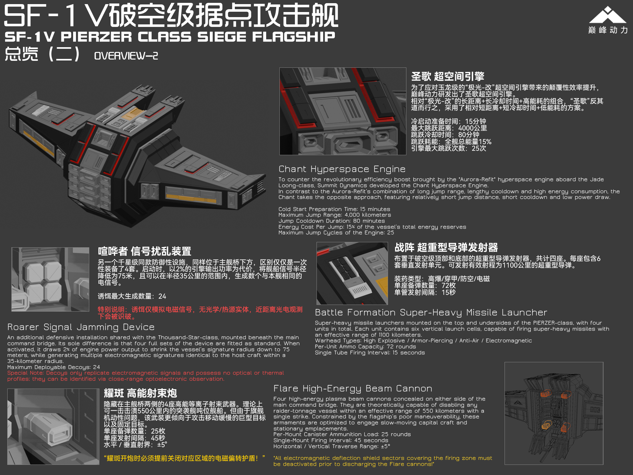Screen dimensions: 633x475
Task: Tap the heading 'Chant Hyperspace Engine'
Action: click(x=342, y=169)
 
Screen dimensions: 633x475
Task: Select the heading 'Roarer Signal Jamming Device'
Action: click(x=81, y=327)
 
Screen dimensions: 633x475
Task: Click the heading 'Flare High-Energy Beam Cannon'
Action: click(x=353, y=389)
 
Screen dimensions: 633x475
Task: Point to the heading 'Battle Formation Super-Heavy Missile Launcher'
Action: click(x=431, y=313)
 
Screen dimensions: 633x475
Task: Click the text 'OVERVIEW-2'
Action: click(x=126, y=56)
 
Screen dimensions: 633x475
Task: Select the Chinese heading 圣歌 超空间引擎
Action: click(x=448, y=76)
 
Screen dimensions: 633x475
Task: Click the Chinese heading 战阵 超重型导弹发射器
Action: click(x=446, y=247)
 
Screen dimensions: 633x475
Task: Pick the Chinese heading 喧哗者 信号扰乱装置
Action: click(x=145, y=251)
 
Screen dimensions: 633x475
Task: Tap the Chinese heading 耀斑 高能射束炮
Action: click(x=140, y=393)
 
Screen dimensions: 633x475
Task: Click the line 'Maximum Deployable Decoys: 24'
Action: click(x=53, y=367)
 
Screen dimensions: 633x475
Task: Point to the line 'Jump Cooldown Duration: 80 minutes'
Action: click(x=332, y=221)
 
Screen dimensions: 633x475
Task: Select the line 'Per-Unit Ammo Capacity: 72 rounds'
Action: click(x=366, y=347)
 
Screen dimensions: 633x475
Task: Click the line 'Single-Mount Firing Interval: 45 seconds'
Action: click(x=331, y=440)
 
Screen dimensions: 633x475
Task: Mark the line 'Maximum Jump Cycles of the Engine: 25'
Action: click(x=336, y=233)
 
